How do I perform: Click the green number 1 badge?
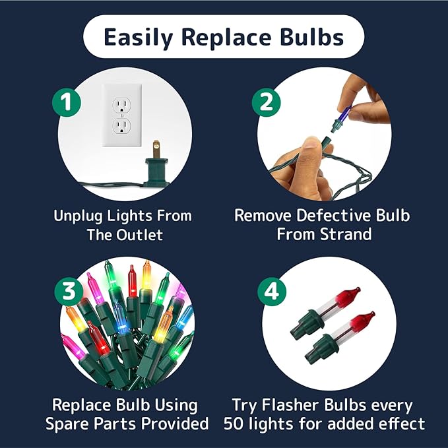[x=66, y=102]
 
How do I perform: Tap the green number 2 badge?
[x=267, y=102]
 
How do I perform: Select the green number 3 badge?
[x=69, y=291]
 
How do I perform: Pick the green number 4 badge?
[x=272, y=292]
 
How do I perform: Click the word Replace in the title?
[x=226, y=37]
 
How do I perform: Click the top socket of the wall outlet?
[x=122, y=106]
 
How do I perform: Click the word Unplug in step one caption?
[x=78, y=216]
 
